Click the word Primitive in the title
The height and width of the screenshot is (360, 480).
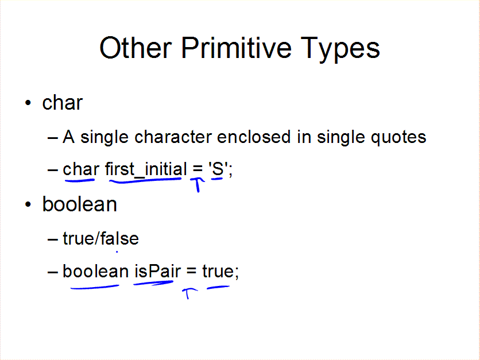click(236, 48)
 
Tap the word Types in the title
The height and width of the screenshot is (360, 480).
click(340, 49)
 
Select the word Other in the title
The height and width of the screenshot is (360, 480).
click(136, 48)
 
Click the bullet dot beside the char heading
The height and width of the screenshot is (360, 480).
click(28, 103)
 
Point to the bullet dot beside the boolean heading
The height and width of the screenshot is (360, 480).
click(28, 204)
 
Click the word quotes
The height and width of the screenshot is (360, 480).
click(398, 137)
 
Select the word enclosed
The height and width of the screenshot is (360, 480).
click(254, 137)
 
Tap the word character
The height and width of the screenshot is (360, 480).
click(173, 137)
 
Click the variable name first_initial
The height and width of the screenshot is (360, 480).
click(146, 169)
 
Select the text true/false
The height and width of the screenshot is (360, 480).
click(100, 238)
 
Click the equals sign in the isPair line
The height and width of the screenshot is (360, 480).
click(191, 272)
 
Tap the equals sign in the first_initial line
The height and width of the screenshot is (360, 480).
click(198, 169)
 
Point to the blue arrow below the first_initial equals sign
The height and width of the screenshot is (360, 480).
click(198, 184)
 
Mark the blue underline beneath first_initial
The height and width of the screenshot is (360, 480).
click(145, 181)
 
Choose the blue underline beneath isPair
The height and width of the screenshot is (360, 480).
click(153, 284)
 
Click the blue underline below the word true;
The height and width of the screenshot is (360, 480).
click(218, 287)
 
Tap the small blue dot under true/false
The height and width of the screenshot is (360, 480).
click(117, 252)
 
